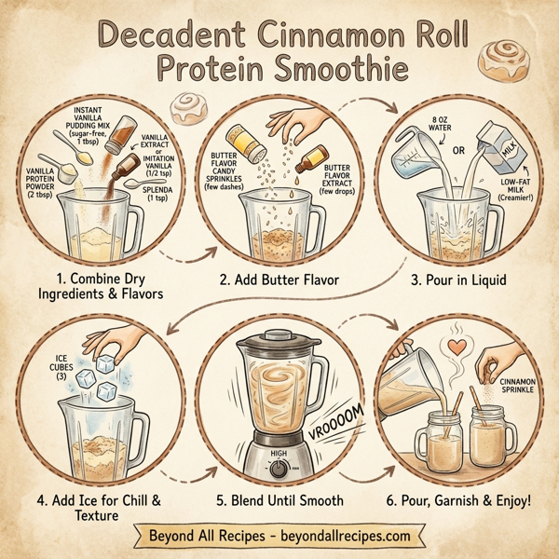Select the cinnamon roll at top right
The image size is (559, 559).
click(x=503, y=58)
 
